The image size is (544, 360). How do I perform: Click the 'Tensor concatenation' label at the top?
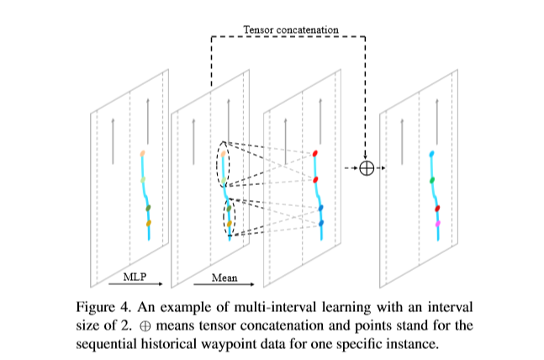[x=291, y=29]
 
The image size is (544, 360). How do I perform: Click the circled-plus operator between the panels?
[x=366, y=167]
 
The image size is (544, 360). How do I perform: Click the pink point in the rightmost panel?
[x=437, y=225]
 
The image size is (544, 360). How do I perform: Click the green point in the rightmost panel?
[x=431, y=180]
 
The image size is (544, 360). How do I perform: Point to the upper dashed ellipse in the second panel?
[x=223, y=165]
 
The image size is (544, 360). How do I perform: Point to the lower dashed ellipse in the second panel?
[x=229, y=218]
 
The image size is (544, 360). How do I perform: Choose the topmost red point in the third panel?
[x=316, y=154]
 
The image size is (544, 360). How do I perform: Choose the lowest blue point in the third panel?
[x=320, y=223]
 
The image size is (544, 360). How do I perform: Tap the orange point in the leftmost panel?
[x=148, y=224]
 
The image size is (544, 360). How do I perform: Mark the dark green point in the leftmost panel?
[x=147, y=208]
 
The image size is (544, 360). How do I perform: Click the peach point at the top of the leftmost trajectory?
[x=143, y=153]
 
